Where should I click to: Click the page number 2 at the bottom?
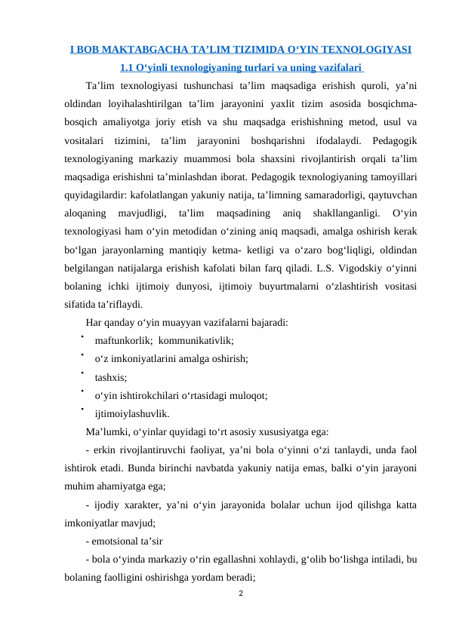[x=240, y=593]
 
